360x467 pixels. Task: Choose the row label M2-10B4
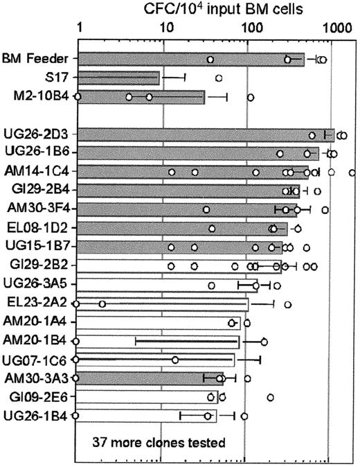point(41,96)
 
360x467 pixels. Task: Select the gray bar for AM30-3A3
point(146,378)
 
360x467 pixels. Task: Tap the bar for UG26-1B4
point(145,416)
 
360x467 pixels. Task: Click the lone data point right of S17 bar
point(219,78)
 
